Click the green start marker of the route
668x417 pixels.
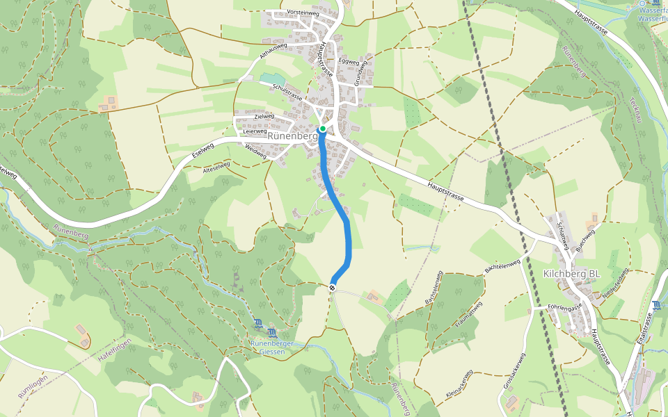(x=323, y=129)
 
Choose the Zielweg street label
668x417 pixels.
(x=265, y=116)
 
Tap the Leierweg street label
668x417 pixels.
(x=255, y=131)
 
